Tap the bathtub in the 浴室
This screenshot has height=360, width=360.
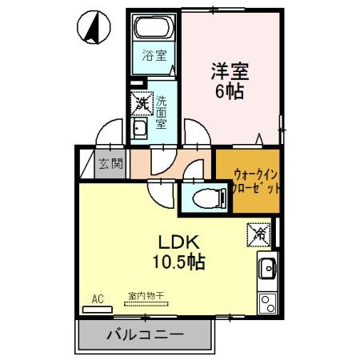tap(154, 30)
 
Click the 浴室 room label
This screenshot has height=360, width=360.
tap(154, 55)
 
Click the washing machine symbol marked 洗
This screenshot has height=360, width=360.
tap(142, 102)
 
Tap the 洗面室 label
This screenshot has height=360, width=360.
tap(161, 112)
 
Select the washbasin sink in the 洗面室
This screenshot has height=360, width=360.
tap(139, 129)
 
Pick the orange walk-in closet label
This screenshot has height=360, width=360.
tap(257, 181)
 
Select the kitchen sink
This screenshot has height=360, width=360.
tap(266, 269)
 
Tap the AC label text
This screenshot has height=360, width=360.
tap(98, 299)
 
